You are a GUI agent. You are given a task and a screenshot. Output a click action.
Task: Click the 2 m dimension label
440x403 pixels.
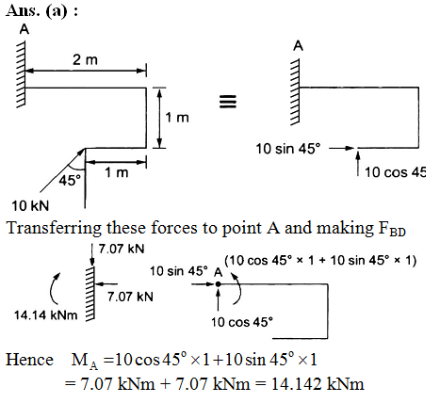click(85, 59)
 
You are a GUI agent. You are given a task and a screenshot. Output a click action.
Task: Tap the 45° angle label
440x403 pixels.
click(70, 181)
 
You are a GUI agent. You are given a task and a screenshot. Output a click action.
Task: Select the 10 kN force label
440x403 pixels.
click(30, 206)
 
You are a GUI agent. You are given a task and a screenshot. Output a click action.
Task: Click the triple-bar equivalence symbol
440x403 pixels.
click(228, 102)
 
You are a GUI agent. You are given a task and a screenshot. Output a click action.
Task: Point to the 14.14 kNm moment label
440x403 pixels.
click(46, 315)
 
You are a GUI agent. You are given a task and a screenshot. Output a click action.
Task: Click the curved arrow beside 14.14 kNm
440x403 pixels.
click(54, 288)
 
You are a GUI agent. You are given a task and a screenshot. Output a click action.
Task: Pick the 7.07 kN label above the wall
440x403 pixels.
click(122, 249)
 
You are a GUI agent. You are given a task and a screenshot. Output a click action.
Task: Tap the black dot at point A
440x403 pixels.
click(218, 284)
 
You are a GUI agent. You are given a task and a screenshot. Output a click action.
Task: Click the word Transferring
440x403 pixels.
click(54, 228)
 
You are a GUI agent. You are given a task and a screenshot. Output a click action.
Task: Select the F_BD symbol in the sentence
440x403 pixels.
click(392, 229)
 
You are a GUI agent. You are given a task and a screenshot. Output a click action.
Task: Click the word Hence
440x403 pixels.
click(29, 360)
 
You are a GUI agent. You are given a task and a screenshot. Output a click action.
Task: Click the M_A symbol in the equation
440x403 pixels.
click(85, 362)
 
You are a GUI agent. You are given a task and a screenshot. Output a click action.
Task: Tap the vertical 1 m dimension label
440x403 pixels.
click(177, 118)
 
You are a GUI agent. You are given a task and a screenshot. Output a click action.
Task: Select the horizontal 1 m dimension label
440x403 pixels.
click(117, 172)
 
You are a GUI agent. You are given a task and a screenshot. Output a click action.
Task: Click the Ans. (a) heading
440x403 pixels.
click(41, 10)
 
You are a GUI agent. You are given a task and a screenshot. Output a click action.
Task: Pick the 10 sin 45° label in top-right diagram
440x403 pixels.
click(288, 149)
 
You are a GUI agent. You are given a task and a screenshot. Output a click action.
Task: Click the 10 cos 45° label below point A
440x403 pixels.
click(242, 322)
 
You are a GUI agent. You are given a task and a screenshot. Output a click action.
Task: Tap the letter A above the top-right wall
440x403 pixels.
click(298, 46)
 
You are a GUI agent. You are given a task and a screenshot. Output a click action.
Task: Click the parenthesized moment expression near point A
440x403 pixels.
click(320, 261)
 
